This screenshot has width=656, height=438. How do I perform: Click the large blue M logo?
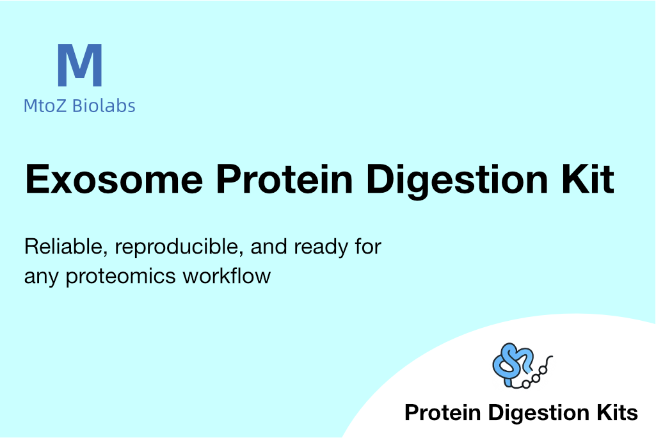[x=79, y=65]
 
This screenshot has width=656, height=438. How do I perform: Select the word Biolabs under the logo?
[x=104, y=106]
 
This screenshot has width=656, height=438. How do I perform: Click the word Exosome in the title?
[x=114, y=179]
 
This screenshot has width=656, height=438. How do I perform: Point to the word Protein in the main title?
[x=285, y=179]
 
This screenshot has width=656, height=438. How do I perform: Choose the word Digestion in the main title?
[x=457, y=181]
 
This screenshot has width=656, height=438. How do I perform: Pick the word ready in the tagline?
[x=321, y=248]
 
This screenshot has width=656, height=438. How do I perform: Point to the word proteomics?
[x=120, y=277]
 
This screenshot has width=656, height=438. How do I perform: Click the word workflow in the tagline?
[x=227, y=276]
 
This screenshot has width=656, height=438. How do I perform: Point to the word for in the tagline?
[x=368, y=247]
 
